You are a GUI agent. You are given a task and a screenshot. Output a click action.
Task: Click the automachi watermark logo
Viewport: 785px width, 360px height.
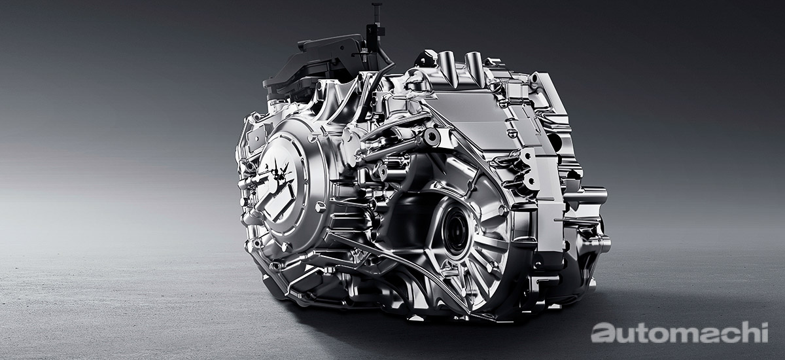(680, 333)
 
